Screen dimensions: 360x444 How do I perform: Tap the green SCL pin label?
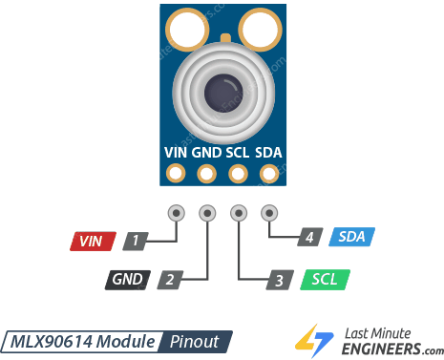tap(325, 280)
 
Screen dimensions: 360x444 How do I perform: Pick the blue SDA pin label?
tap(352, 237)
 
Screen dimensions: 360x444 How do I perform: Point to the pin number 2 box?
tap(168, 280)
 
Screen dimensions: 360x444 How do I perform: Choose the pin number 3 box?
tap(278, 280)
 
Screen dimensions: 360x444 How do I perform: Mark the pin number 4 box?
tap(309, 237)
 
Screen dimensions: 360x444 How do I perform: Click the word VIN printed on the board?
tap(176, 151)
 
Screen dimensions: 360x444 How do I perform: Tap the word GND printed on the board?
tap(205, 151)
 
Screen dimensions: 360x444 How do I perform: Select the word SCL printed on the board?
tap(238, 151)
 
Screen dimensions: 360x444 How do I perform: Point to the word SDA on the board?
tap(269, 151)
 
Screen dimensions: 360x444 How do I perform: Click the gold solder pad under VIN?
tap(176, 174)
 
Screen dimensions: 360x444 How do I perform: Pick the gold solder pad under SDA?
tap(269, 174)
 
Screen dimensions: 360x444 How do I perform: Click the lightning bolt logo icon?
tap(309, 340)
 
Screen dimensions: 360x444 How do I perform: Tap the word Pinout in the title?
tap(196, 341)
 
